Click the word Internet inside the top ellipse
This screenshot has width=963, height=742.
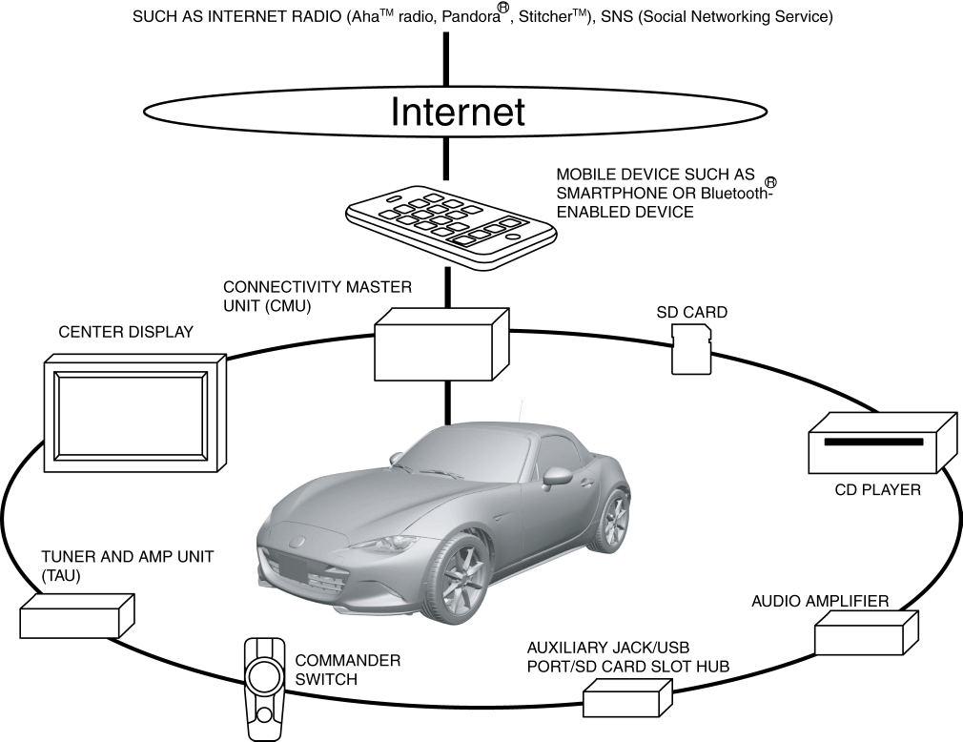pyautogui.click(x=458, y=112)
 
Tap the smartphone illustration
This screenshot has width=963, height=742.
pyautogui.click(x=451, y=226)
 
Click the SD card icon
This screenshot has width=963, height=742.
pyautogui.click(x=691, y=349)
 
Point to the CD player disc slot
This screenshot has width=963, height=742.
pyautogui.click(x=873, y=442)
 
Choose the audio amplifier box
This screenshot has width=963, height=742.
pyautogui.click(x=867, y=632)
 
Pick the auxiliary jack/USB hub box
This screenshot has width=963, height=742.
pyautogui.click(x=627, y=698)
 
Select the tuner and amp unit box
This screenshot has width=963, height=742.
pyautogui.click(x=77, y=616)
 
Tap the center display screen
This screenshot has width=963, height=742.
pyautogui.click(x=131, y=415)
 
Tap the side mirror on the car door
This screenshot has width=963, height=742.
pyautogui.click(x=556, y=475)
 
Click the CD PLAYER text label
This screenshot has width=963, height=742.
pyautogui.click(x=877, y=490)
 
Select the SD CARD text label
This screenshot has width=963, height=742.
pyautogui.click(x=692, y=312)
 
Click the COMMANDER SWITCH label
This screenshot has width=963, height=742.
pyautogui.click(x=348, y=670)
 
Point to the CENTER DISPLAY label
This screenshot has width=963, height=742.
pyautogui.click(x=126, y=332)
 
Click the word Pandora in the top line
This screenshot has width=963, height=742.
pyautogui.click(x=471, y=16)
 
